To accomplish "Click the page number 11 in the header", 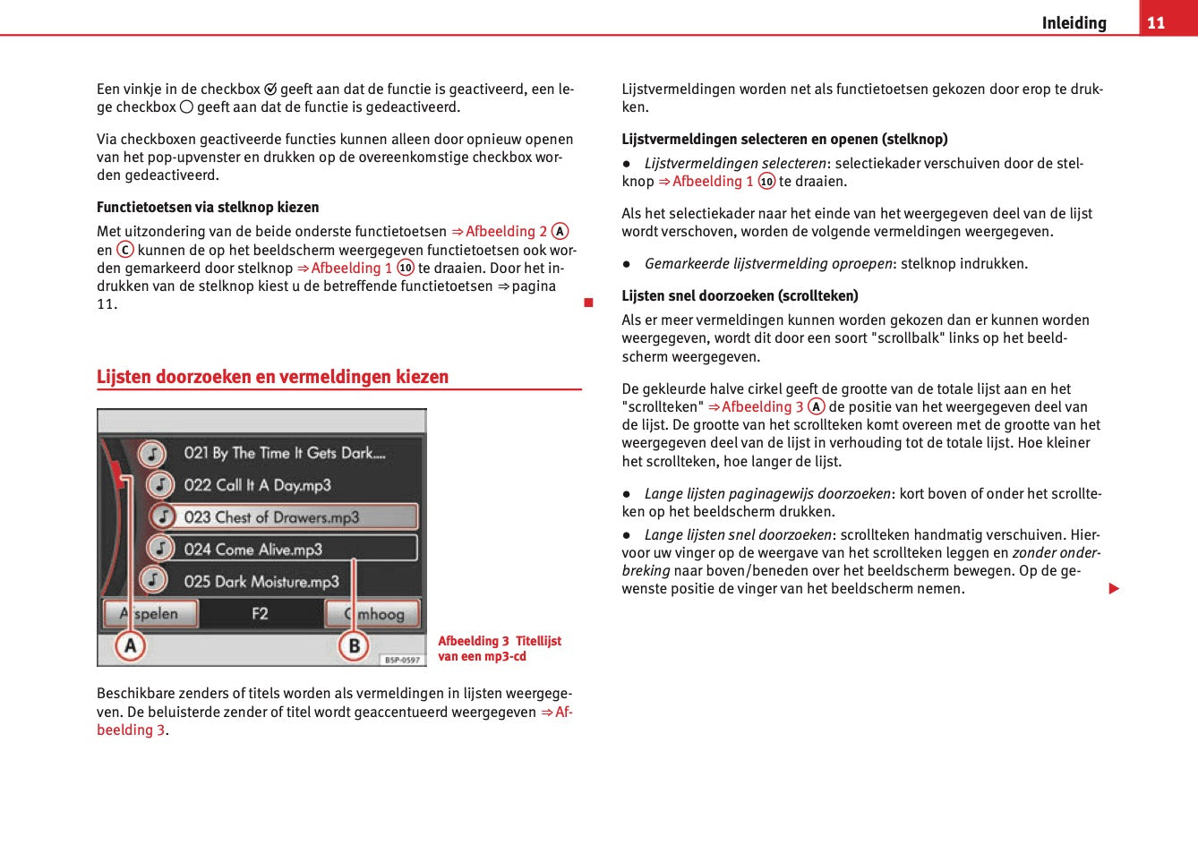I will (x=1156, y=22).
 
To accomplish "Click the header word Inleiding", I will (x=1074, y=23).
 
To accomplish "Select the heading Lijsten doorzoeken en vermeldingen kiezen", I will (x=272, y=377).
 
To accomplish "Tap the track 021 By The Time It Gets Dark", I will (x=284, y=453).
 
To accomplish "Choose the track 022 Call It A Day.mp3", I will (x=257, y=485).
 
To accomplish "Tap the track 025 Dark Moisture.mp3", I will (x=261, y=581).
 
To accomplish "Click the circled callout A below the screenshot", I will (x=131, y=645).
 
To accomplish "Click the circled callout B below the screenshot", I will (x=354, y=645).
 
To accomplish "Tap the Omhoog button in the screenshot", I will (x=373, y=613).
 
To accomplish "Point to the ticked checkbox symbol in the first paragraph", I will (x=270, y=90).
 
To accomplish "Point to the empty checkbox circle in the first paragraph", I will (x=186, y=107).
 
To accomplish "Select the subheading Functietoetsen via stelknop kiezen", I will (x=208, y=207).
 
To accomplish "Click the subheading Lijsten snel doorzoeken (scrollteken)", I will (x=740, y=295).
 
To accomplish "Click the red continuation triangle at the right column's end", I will (x=1114, y=588).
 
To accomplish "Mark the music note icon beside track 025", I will (x=153, y=580).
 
